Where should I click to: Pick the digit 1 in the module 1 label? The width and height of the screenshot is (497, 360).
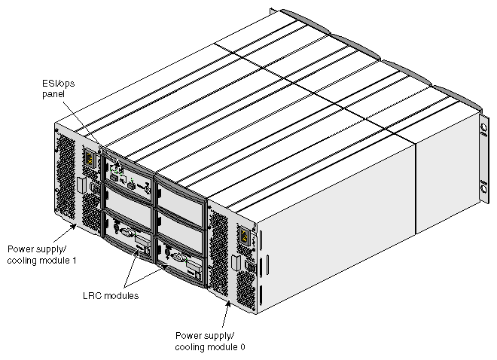[x=78, y=260]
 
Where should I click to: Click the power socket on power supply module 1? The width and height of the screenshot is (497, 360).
[x=91, y=160]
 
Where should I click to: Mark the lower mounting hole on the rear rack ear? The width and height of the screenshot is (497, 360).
[x=480, y=185]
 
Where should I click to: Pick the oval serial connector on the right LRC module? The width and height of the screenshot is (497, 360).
[x=175, y=257]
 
